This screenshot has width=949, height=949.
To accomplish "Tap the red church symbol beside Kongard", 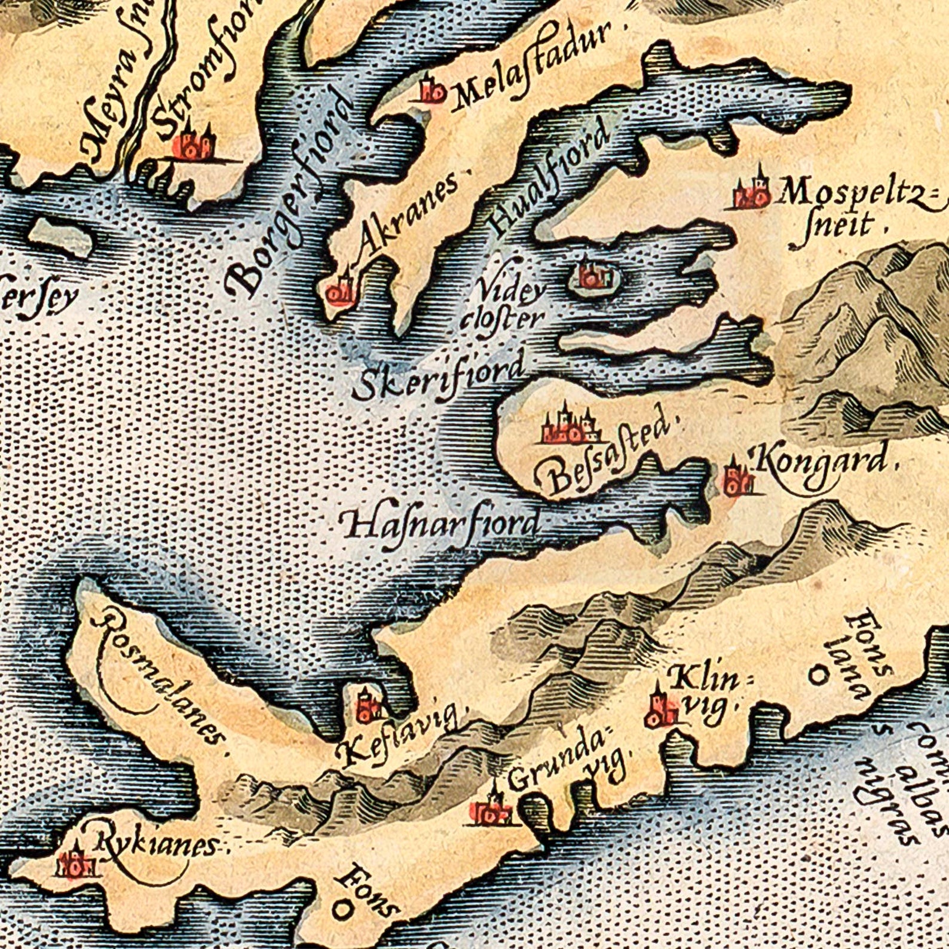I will pos(734,478).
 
